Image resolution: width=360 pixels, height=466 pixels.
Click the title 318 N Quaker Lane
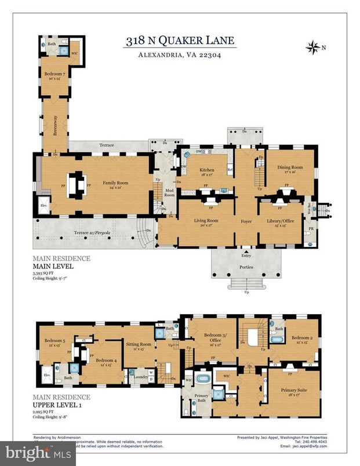(x=179, y=41)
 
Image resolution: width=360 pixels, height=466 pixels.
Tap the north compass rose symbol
(x=314, y=46)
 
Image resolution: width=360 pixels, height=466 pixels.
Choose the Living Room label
(x=205, y=220)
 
